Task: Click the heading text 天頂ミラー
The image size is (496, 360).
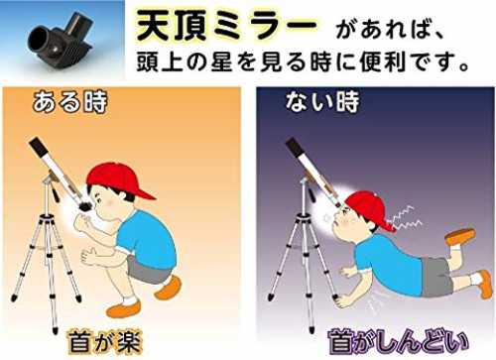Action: [226, 26]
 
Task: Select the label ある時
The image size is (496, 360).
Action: [69, 102]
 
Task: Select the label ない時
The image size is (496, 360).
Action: [322, 101]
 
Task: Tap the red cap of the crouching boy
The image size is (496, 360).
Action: [119, 180]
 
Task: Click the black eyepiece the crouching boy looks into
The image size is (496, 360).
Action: [86, 205]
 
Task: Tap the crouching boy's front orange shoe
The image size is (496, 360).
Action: [123, 309]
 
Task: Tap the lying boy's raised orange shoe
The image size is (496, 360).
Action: [460, 236]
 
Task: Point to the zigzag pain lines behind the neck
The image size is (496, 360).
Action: [405, 218]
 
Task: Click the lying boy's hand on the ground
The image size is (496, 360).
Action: [342, 301]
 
